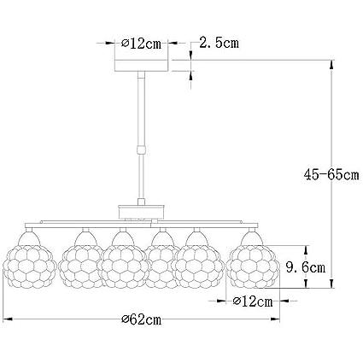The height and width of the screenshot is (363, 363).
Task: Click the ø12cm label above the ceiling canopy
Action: click(141, 44)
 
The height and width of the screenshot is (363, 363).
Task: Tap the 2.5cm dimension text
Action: click(219, 43)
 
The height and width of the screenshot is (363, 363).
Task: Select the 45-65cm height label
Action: click(331, 175)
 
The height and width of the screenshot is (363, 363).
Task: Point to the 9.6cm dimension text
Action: click(306, 268)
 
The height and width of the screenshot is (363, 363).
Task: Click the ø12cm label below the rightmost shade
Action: click(253, 302)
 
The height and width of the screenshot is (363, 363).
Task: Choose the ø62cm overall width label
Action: click(142, 320)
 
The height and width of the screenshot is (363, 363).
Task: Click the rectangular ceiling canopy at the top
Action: click(141, 66)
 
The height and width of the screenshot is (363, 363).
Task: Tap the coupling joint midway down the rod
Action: click(141, 149)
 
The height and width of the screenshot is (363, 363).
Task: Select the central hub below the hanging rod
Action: click(141, 212)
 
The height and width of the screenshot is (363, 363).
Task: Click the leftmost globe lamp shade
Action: click(29, 266)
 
